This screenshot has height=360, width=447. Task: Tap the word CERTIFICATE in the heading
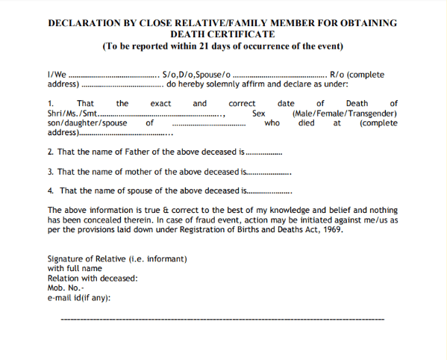240,34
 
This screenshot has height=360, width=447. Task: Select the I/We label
57,75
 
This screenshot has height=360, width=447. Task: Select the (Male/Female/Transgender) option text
345,114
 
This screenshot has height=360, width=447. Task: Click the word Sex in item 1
259,114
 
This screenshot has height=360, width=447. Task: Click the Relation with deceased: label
93,279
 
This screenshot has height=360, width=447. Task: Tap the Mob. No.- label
66,288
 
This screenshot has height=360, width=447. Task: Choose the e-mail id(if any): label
79,298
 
